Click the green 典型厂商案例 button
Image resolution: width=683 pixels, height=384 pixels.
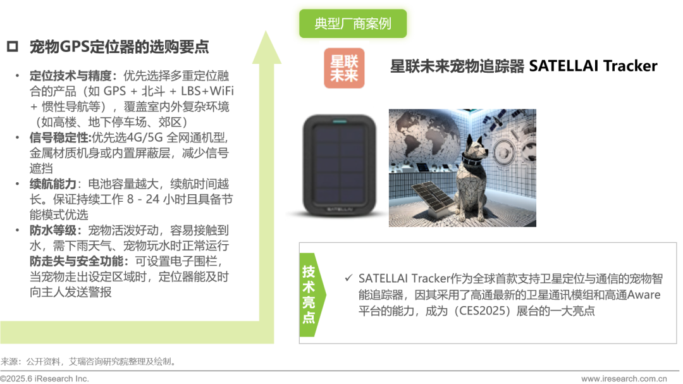[x=353, y=23]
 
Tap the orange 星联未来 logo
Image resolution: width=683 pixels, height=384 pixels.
[x=344, y=68]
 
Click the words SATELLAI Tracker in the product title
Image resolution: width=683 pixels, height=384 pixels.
[x=593, y=66]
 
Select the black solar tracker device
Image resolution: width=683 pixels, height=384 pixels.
[x=340, y=165]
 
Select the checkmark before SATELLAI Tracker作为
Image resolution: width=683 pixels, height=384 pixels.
[x=348, y=278]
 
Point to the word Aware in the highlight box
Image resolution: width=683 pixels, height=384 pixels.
[x=644, y=295]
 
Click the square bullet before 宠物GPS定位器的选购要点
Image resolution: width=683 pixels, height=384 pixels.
[x=13, y=46]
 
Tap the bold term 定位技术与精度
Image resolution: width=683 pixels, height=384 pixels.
[x=71, y=76]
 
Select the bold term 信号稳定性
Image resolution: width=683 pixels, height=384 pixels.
[x=59, y=138]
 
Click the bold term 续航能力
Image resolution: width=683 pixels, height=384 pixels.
[x=53, y=184]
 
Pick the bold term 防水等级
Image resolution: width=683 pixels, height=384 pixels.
[x=53, y=230]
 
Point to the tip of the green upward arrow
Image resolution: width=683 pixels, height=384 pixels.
[x=266, y=31]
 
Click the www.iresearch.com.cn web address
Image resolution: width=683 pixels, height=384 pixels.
[x=624, y=378]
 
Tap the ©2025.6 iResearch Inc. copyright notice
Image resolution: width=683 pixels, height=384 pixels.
[x=44, y=378]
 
